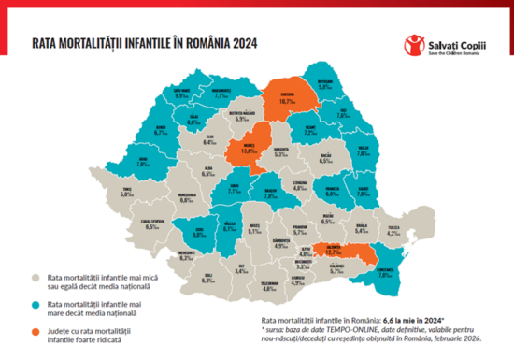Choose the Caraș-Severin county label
click(151, 224)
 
